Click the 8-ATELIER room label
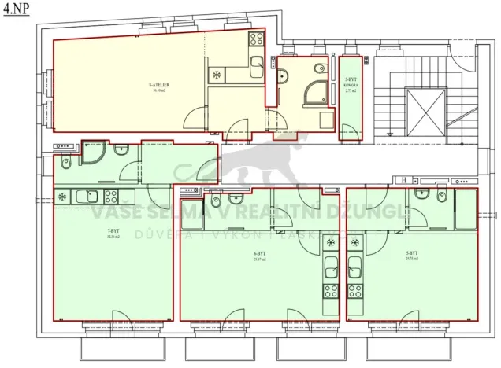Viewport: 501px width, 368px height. [160, 86]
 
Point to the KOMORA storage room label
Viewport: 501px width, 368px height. [351, 86]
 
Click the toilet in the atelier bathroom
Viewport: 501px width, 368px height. [284, 76]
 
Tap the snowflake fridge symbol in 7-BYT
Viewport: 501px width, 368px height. [62, 196]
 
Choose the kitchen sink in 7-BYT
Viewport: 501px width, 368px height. [85, 196]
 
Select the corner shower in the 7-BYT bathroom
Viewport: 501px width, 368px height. [94, 151]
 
